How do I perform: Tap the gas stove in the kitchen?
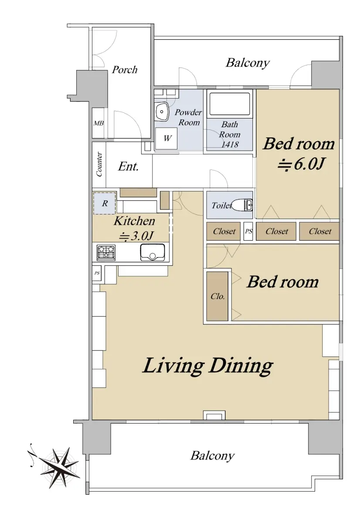(x=106, y=252)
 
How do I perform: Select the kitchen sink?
(x=152, y=252)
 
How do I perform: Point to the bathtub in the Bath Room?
(x=230, y=104)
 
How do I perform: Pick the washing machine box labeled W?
(x=166, y=138)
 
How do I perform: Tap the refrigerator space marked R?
(x=104, y=203)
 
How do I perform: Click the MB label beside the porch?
(x=98, y=123)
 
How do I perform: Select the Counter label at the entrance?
(x=99, y=164)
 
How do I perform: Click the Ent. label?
(x=129, y=166)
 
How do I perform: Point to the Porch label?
(x=125, y=70)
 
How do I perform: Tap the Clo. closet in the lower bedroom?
(x=217, y=296)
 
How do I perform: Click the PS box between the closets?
(x=248, y=231)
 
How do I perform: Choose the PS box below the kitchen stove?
(x=97, y=273)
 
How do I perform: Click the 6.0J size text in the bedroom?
(x=301, y=165)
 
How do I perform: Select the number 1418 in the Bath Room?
(x=230, y=145)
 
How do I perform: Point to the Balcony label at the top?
(x=248, y=63)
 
